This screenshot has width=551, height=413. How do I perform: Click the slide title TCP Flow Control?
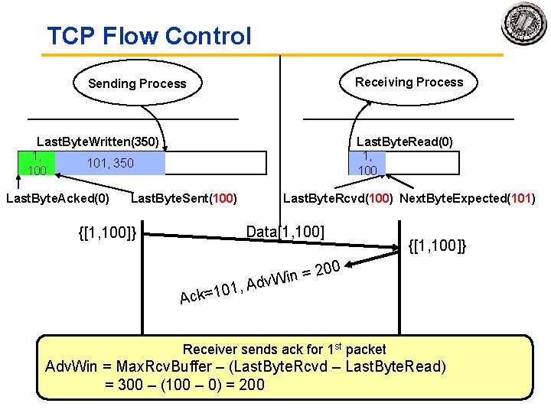coord(149,36)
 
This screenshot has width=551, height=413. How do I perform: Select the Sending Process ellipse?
coord(137,83)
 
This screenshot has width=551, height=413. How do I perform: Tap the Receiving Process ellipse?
coord(409,82)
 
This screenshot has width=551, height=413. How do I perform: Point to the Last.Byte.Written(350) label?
coord(98,141)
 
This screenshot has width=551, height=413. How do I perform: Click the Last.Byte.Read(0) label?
coord(404,141)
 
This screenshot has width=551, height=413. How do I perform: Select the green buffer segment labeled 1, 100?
coord(37,163)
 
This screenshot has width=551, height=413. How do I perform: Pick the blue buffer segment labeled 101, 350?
coord(110,163)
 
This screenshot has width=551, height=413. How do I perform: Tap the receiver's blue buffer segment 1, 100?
coord(368,163)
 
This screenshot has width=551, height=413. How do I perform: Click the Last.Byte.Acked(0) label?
coord(57,199)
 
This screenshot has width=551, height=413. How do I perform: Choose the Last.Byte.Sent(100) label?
coord(184,199)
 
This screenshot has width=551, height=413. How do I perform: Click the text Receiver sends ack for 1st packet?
coord(285,350)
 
